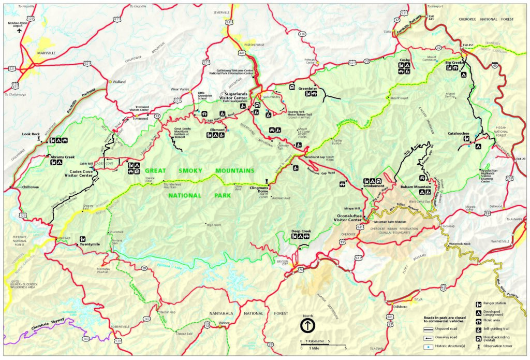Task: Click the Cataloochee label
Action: point(459,134)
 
